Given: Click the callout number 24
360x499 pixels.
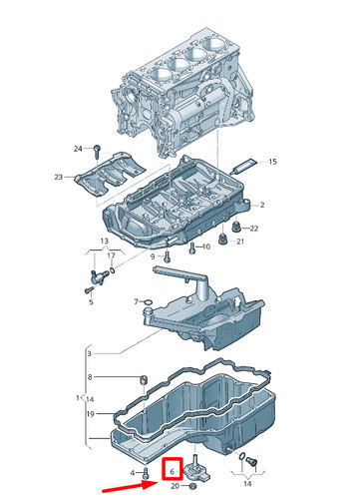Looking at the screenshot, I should (x=78, y=149).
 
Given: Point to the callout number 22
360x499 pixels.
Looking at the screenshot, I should (x=254, y=229).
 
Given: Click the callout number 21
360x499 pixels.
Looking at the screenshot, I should (x=240, y=243).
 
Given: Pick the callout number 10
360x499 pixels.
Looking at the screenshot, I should (x=206, y=247).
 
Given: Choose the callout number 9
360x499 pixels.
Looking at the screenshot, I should (x=155, y=256).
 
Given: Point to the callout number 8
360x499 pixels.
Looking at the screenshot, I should (x=89, y=377).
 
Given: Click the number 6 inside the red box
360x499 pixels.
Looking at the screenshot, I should (x=173, y=468).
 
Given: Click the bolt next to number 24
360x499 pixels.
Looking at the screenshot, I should (x=99, y=150).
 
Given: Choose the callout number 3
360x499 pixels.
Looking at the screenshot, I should (x=89, y=353).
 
